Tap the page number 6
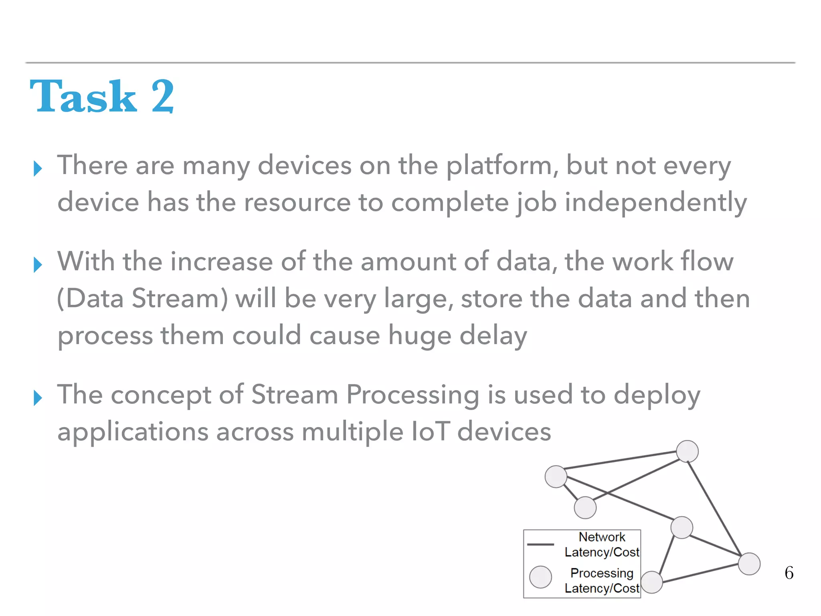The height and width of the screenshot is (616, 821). (x=789, y=573)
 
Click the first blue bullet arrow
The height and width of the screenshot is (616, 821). (x=38, y=168)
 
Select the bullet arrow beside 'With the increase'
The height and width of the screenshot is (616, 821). (x=38, y=265)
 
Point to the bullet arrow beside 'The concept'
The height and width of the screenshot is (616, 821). (x=38, y=398)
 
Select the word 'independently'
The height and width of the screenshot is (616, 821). (x=656, y=203)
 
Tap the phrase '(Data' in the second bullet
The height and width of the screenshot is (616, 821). (x=91, y=299)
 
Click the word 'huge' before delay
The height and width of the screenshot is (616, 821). (x=419, y=336)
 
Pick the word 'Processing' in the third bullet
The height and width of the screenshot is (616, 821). (x=413, y=395)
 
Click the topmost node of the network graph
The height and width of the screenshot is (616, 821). (x=687, y=452)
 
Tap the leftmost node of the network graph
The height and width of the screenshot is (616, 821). (x=556, y=476)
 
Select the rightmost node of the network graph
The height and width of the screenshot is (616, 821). (x=749, y=563)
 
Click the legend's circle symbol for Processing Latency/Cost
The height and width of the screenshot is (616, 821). (x=540, y=577)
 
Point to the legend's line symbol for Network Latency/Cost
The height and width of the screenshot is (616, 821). (x=540, y=545)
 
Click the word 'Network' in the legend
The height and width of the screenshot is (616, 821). (x=602, y=537)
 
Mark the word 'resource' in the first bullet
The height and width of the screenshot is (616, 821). (x=297, y=203)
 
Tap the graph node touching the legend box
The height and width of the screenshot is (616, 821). (x=651, y=582)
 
